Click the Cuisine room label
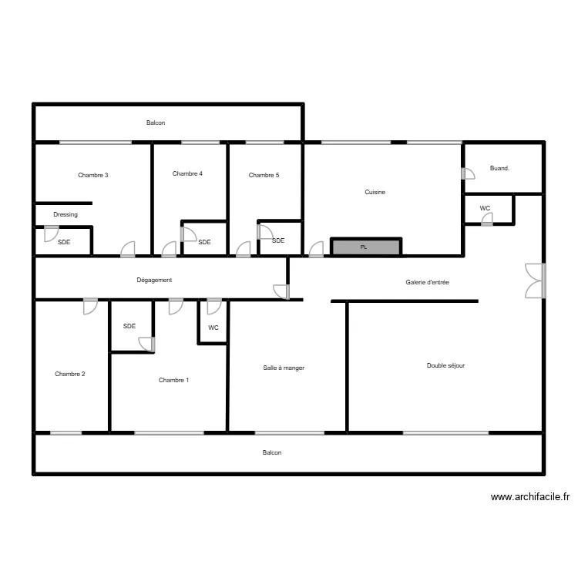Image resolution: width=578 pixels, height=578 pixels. pyautogui.click(x=375, y=192)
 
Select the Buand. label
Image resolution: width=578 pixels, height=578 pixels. pyautogui.click(x=499, y=168)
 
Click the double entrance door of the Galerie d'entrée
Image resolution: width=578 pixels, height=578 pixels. pyautogui.click(x=533, y=281)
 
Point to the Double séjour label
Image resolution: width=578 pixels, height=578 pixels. pyautogui.click(x=445, y=365)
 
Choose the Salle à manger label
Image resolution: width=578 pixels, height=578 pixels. pyautogui.click(x=284, y=368)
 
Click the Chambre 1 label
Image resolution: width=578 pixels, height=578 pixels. pyautogui.click(x=173, y=380)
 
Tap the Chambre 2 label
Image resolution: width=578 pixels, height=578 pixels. pyautogui.click(x=70, y=374)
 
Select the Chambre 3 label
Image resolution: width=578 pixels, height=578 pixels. pyautogui.click(x=93, y=175)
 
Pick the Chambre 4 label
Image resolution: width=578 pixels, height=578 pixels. pyautogui.click(x=187, y=173)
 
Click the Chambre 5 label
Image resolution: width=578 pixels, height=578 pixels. pyautogui.click(x=264, y=175)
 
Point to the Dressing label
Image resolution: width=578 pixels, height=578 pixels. pyautogui.click(x=66, y=214)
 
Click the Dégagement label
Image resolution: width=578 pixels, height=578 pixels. pyautogui.click(x=154, y=280)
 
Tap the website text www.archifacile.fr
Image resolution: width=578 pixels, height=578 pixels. pyautogui.click(x=530, y=497)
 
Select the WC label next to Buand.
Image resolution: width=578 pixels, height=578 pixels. pyautogui.click(x=485, y=208)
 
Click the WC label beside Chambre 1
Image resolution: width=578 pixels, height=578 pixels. pyautogui.click(x=213, y=328)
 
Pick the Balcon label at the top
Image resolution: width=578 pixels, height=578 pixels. pyautogui.click(x=156, y=123)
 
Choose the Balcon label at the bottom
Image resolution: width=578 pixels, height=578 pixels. pyautogui.click(x=271, y=452)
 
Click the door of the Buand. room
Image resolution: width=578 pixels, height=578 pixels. pyautogui.click(x=467, y=174)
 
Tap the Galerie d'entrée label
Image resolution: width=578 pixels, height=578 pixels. pyautogui.click(x=427, y=283)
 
